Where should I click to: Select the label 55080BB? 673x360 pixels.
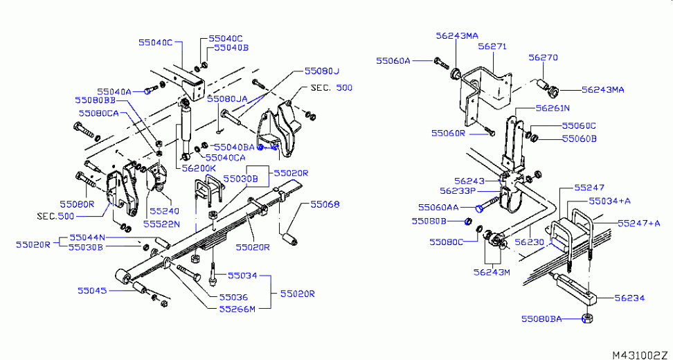pos(96,100)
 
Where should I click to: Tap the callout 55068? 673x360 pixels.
pos(325,204)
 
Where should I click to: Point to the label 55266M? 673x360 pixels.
pos(237,308)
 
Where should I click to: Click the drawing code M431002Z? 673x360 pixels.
pos(641,354)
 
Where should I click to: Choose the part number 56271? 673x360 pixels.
pos(492,47)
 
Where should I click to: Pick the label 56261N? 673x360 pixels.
pos(552,108)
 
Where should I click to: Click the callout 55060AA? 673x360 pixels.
pos(438,207)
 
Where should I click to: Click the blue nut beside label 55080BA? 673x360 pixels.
pos(586,318)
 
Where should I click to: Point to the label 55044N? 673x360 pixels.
pos(87,237)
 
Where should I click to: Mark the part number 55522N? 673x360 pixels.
pos(161,224)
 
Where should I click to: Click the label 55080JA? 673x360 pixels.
pos(227,98)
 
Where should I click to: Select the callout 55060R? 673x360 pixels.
pos(448,132)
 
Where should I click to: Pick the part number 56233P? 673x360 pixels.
pos(457,191)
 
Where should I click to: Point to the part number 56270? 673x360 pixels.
pos(544,58)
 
